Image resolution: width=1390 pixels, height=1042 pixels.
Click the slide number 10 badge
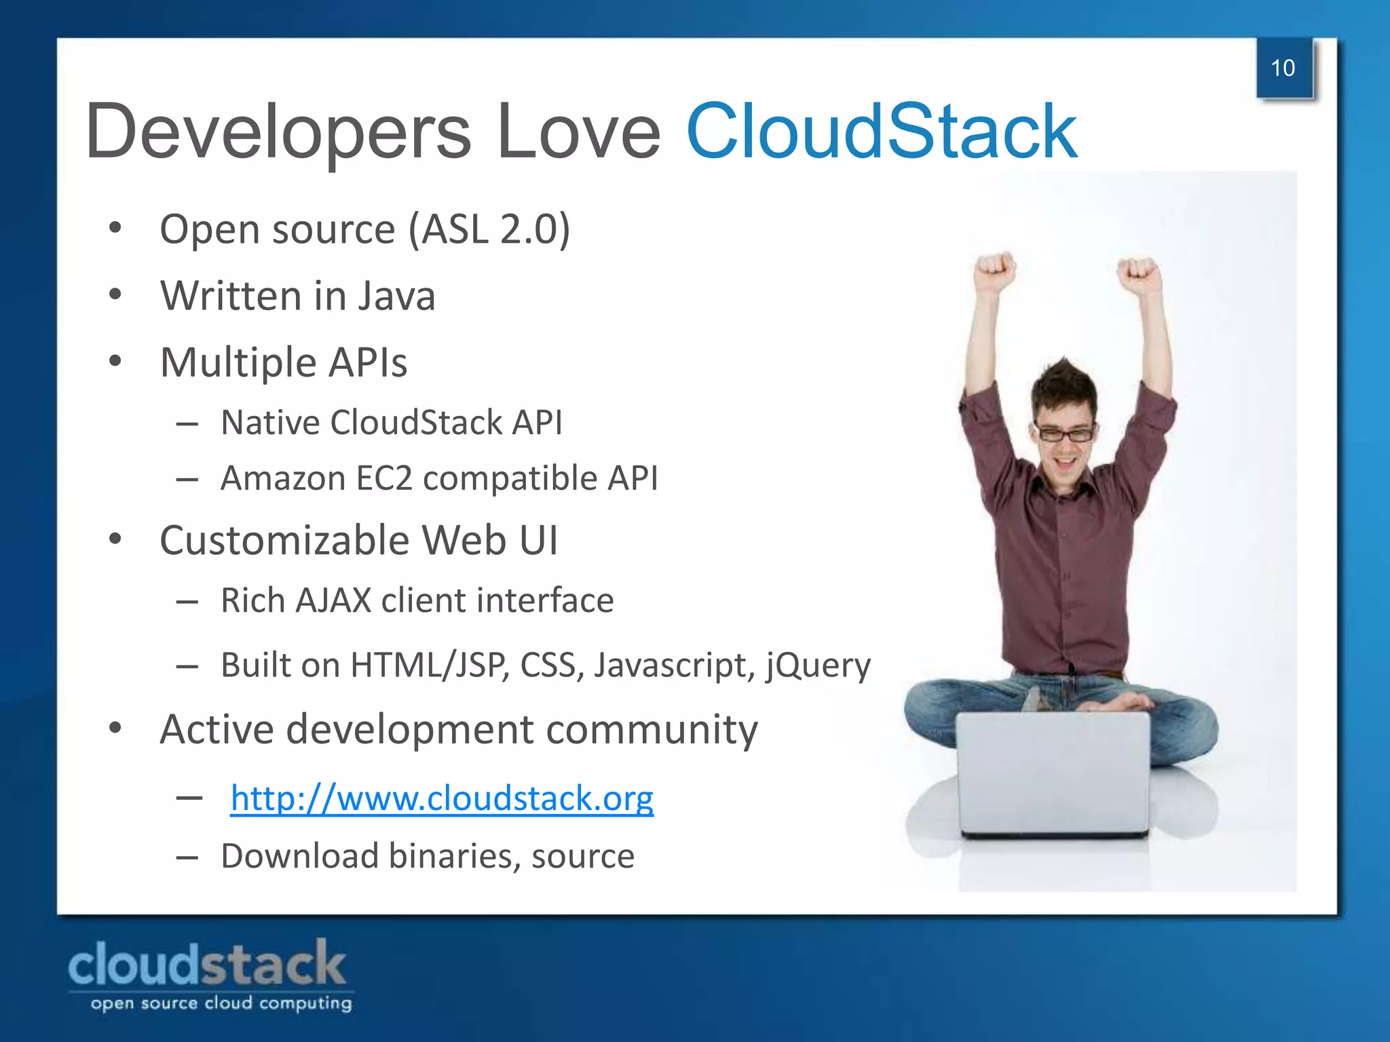pos(1283,69)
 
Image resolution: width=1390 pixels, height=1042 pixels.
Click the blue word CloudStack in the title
pos(881,131)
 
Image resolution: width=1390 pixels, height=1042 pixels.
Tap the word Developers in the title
pos(278,131)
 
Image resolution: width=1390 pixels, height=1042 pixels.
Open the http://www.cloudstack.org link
pos(442,798)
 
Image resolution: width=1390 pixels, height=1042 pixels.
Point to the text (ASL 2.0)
pos(489,229)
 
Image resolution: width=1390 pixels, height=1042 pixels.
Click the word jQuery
pos(819,665)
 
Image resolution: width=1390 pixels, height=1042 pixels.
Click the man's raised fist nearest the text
pos(996,271)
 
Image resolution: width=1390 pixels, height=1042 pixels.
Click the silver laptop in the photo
pos(1053,773)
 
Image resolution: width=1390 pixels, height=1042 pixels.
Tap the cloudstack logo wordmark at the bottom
pos(207,965)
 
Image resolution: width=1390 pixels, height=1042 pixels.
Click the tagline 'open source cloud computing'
pos(221,1003)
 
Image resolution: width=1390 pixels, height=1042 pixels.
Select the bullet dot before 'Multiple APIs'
pos(115,362)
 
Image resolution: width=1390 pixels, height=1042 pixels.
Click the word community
pos(652,730)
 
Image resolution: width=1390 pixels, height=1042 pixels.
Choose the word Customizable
pos(284,541)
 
